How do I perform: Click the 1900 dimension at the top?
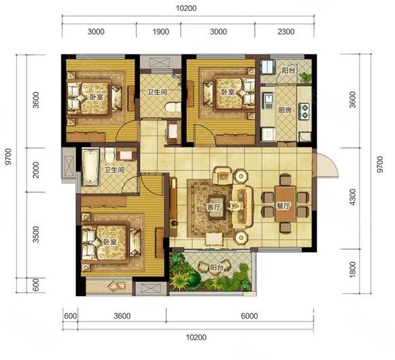[x=160, y=32]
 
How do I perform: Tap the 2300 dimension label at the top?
[x=286, y=32]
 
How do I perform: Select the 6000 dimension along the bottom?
[x=249, y=316]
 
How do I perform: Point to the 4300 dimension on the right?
[x=353, y=197]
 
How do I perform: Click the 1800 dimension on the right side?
[x=353, y=270]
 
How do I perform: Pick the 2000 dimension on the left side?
[x=36, y=170]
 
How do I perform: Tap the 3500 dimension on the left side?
[x=36, y=234]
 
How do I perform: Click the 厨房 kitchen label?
[x=285, y=110]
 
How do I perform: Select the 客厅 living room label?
[x=213, y=207]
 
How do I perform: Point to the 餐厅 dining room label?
[x=283, y=206]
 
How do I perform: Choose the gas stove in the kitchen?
[x=304, y=111]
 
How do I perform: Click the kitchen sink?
[x=268, y=101]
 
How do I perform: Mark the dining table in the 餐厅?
[x=285, y=204]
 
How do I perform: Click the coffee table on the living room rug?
[x=217, y=207]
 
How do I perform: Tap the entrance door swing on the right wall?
[x=326, y=164]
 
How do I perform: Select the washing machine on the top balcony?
[x=267, y=67]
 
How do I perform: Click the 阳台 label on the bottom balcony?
[x=216, y=268]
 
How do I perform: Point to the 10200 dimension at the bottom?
[x=196, y=338]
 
